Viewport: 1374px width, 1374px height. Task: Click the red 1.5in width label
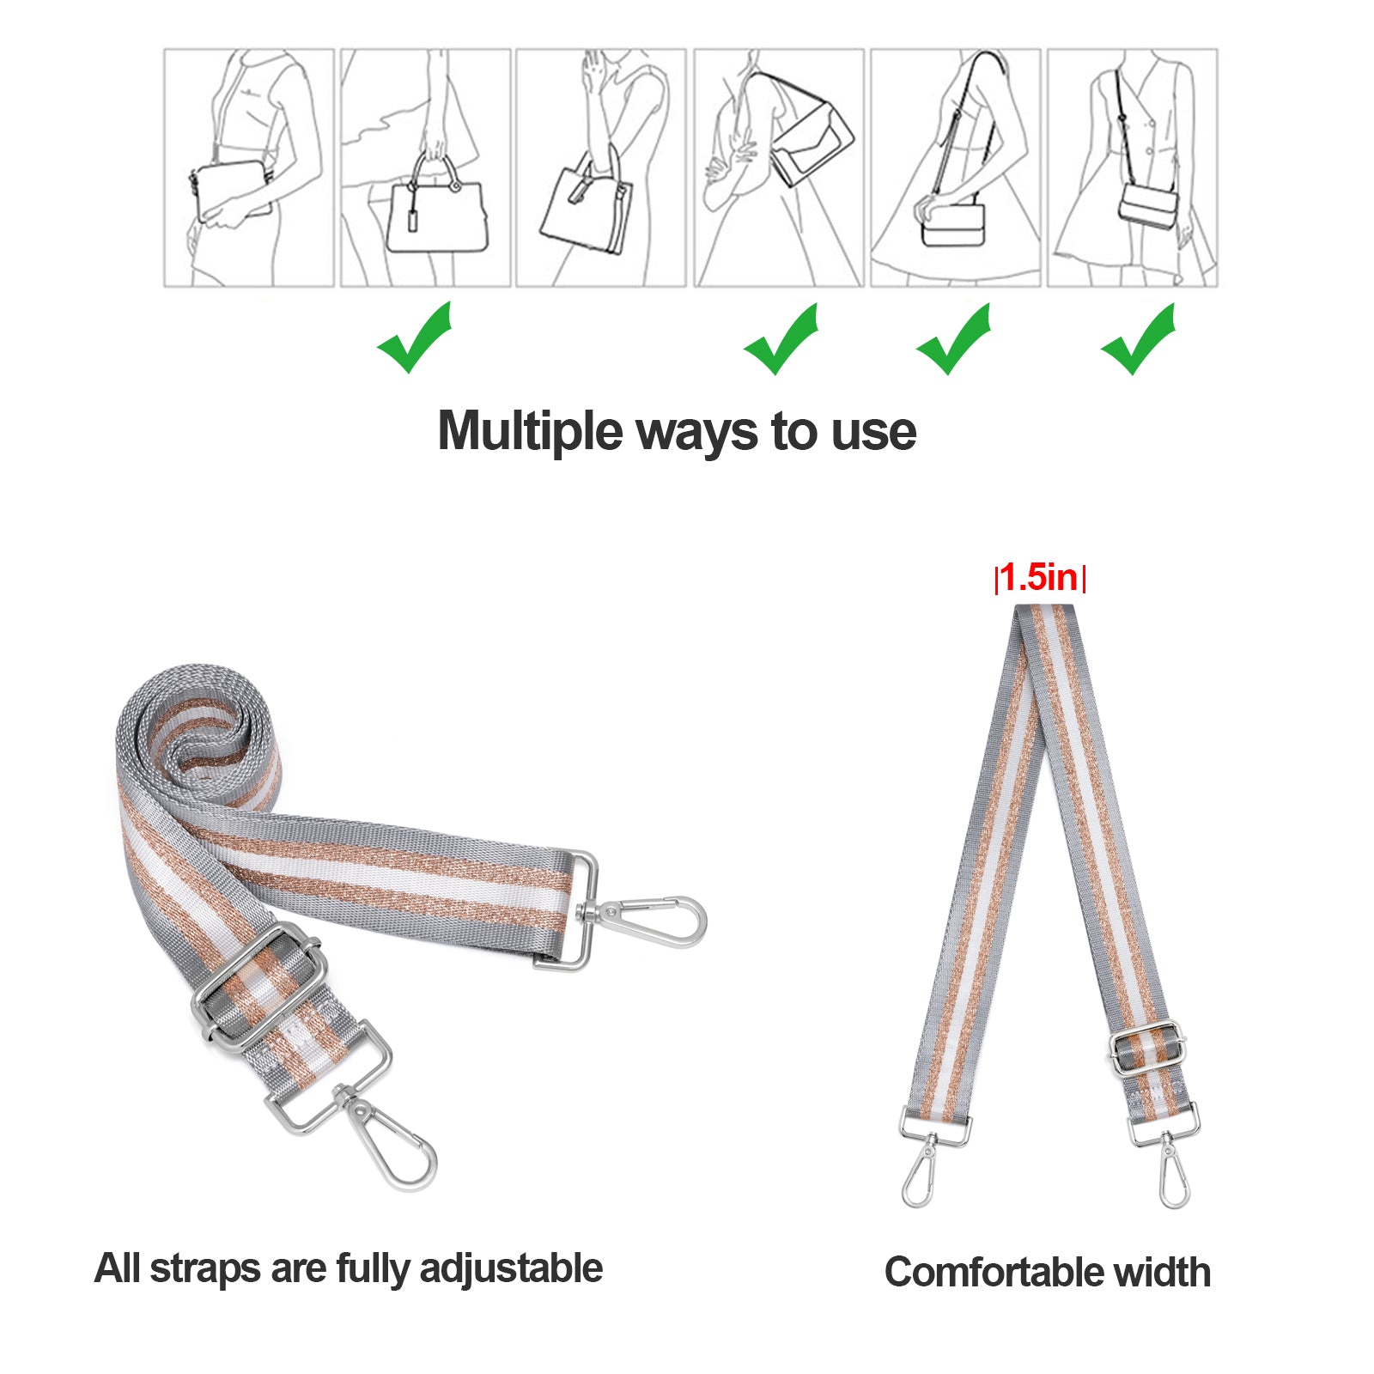[x=1039, y=577]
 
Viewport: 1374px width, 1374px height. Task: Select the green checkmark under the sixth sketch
[x=1138, y=339]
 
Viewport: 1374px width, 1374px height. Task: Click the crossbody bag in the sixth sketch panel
[x=1148, y=206]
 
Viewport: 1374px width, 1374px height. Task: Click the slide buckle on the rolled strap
[x=258, y=987]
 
